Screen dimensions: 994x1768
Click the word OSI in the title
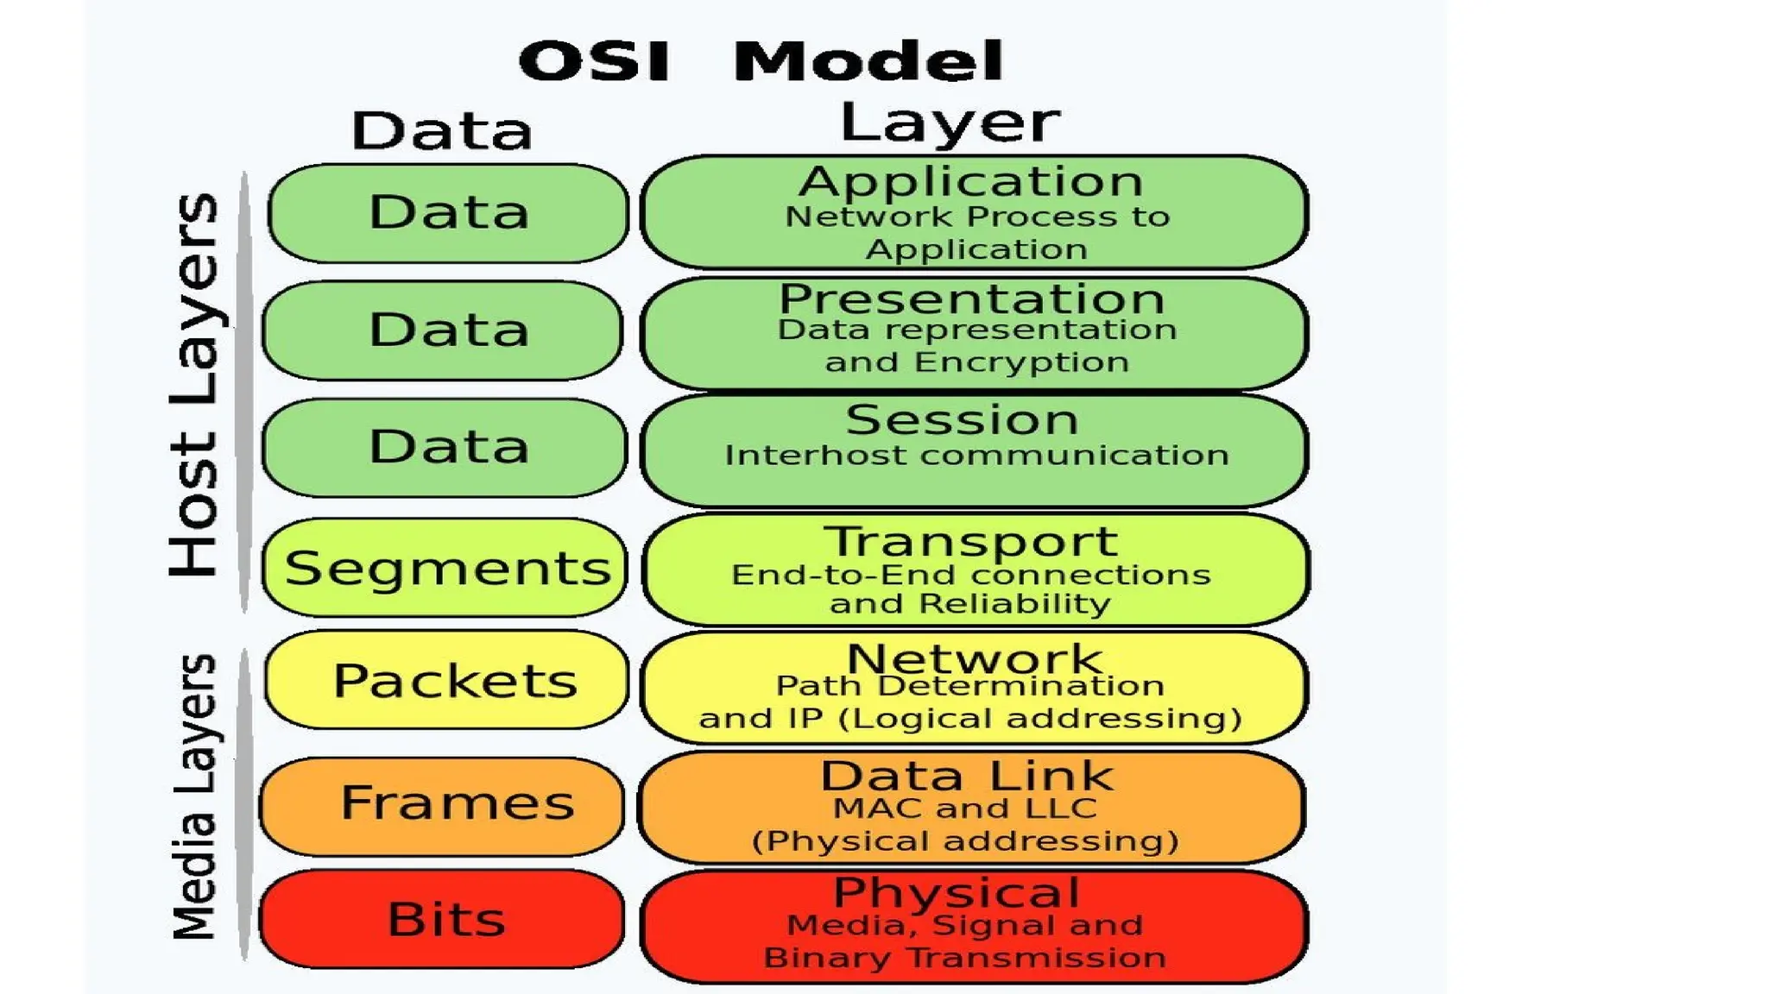[x=595, y=61]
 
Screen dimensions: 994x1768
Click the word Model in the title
[x=868, y=61]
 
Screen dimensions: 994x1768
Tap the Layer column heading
[x=950, y=123]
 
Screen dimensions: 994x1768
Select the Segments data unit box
[x=445, y=568]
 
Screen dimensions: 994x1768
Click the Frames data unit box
[x=443, y=804]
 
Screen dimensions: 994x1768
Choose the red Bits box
[x=443, y=918]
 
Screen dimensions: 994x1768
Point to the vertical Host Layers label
[x=195, y=385]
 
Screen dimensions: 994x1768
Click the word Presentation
[x=972, y=299]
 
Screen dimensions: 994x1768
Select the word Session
[x=962, y=420]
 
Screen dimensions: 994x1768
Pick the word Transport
[x=971, y=542]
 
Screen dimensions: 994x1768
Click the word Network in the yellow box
[x=974, y=658]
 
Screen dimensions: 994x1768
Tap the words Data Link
[x=967, y=775]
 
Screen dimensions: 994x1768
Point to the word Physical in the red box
[x=957, y=891]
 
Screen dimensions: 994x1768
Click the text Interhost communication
[x=976, y=455]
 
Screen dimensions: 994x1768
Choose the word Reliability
[x=1015, y=604]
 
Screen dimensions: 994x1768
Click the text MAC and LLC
[x=965, y=808]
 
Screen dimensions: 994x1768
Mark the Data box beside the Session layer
[x=445, y=447]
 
